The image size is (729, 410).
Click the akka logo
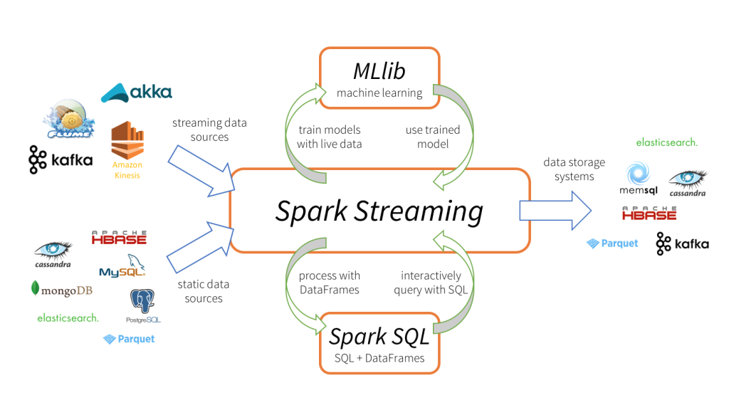136,91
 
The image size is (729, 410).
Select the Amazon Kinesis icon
127,146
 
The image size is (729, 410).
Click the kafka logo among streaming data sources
61,159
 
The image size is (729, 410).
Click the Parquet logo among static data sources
129,339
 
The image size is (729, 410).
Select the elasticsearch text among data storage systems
666,142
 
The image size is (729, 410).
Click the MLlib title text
379,70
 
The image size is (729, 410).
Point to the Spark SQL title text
379,336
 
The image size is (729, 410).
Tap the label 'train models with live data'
329,137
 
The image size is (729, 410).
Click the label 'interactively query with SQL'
431,282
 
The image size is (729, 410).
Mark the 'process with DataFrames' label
329,282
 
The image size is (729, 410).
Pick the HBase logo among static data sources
119,237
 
